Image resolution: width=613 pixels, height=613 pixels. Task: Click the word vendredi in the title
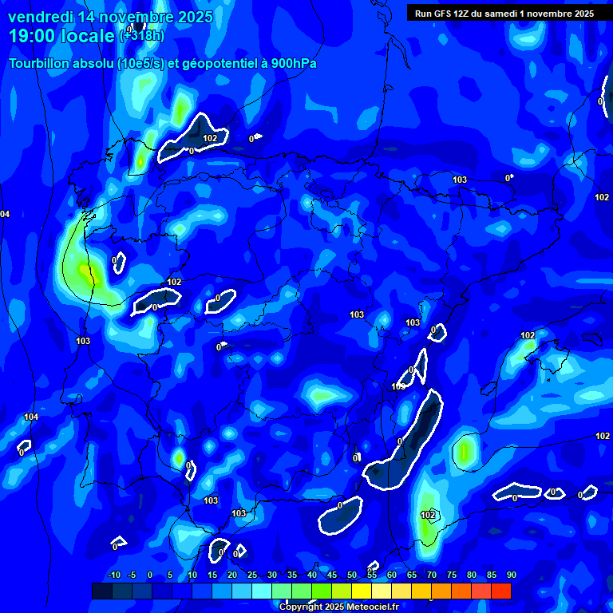pos(40,17)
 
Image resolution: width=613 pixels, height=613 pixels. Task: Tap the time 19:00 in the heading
pos(30,36)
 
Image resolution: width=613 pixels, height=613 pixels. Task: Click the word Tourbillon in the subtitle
pos(40,63)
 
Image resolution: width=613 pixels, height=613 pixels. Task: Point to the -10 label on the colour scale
pos(114,575)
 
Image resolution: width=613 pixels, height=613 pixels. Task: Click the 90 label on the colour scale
pos(512,575)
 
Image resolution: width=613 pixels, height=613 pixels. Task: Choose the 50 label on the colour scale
pos(352,575)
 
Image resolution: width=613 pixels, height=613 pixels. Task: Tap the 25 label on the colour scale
pos(252,575)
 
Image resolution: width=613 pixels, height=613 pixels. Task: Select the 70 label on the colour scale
pos(432,575)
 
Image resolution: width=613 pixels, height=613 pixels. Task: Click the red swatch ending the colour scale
pos(500,591)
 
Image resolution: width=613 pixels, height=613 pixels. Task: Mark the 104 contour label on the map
pos(31,417)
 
